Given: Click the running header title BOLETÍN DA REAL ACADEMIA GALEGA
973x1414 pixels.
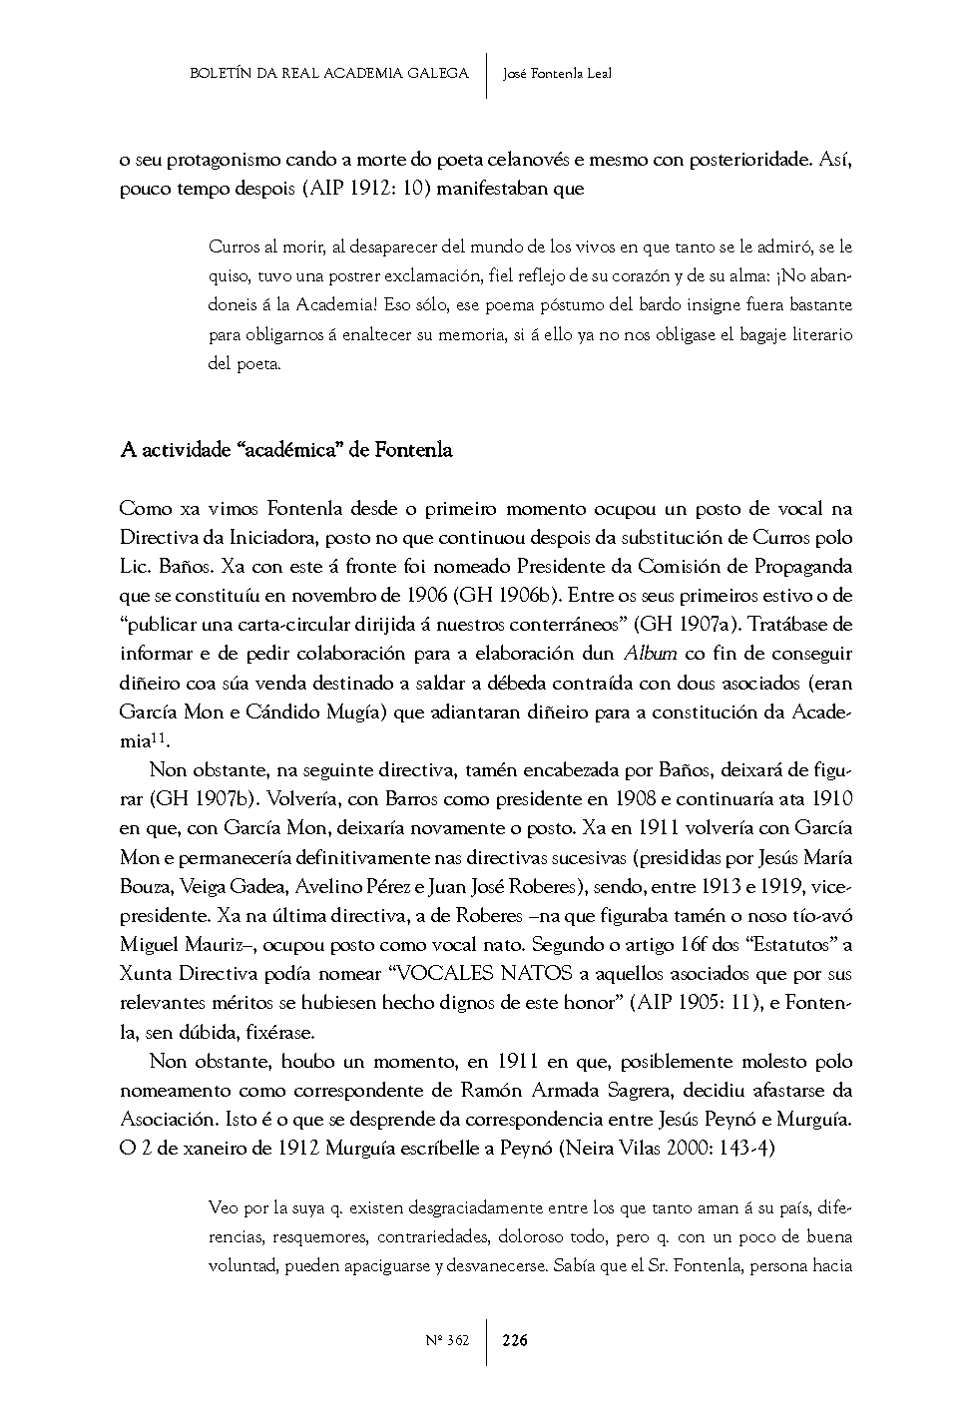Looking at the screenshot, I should point(328,73).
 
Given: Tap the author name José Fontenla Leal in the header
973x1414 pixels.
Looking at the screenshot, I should point(557,73).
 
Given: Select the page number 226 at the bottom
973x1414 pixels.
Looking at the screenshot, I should point(515,1340).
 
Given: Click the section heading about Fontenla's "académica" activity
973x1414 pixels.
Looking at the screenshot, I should point(285,450).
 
